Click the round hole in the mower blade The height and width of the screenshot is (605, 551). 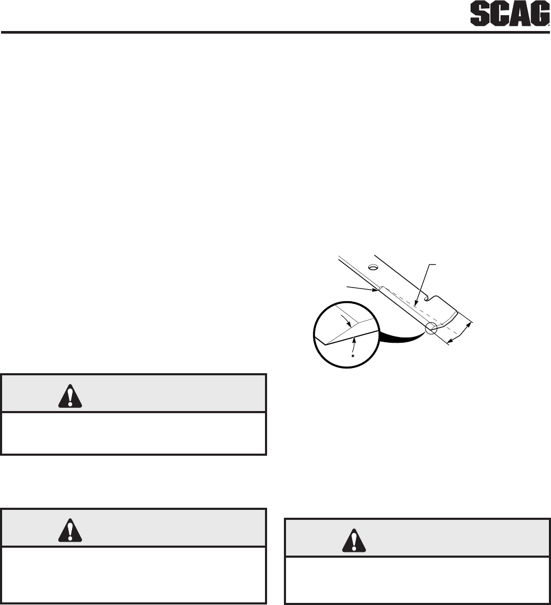[373, 267]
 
